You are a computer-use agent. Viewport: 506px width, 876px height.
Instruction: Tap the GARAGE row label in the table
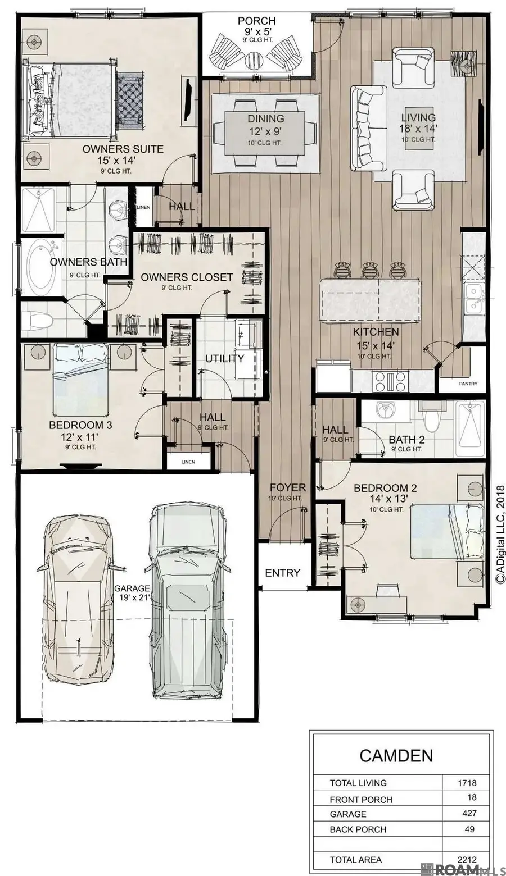point(348,814)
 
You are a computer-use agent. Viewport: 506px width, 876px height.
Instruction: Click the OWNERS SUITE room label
point(123,149)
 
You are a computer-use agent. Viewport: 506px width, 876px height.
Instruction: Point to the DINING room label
point(266,119)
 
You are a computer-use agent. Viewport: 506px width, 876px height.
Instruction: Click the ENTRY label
point(282,573)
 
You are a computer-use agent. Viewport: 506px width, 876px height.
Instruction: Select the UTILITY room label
point(224,358)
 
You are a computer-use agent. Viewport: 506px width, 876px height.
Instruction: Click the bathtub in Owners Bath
point(42,267)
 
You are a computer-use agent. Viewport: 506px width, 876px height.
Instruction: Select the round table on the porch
point(253,59)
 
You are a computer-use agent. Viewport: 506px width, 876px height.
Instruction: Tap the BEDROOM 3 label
point(80,425)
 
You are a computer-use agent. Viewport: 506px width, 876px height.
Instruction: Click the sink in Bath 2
point(386,411)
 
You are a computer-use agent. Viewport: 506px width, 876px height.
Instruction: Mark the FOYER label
point(287,487)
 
